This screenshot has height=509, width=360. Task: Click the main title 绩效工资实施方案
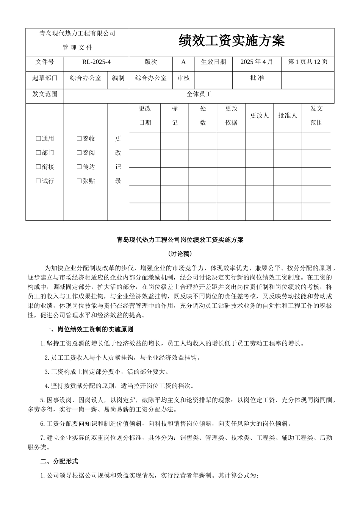tap(232, 41)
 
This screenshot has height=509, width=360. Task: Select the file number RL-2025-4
tap(96, 62)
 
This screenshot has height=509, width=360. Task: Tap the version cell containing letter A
tap(183, 62)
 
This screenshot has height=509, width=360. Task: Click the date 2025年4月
tap(257, 62)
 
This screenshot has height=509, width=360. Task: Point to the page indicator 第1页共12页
tap(308, 62)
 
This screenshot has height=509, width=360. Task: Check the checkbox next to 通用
tap(38, 139)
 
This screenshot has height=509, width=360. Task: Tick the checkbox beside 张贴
tap(79, 181)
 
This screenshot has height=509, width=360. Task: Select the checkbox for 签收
tap(79, 139)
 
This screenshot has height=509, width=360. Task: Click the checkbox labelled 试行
tap(38, 181)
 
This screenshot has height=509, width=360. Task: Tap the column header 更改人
tap(259, 116)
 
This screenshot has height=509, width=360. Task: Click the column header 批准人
tap(287, 116)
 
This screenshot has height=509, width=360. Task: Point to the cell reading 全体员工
tap(199, 94)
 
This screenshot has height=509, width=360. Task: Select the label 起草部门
tap(45, 78)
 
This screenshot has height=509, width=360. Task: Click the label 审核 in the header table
tap(183, 78)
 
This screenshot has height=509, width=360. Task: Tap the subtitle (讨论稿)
tap(180, 253)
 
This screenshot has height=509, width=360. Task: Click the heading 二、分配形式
tap(59, 461)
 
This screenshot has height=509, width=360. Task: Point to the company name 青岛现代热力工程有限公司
tap(77, 34)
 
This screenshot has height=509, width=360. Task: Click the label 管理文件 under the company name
tap(77, 48)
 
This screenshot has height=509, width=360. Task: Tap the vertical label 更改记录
tap(118, 160)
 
